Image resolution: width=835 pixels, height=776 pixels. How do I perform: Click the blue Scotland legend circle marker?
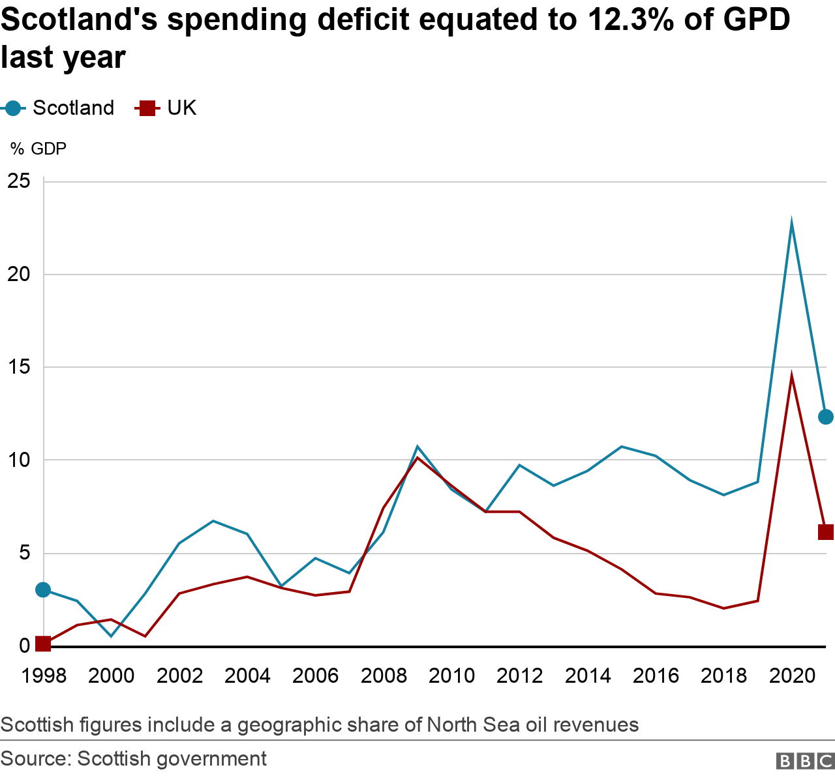(13, 108)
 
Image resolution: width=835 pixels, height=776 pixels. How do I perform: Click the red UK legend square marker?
(147, 108)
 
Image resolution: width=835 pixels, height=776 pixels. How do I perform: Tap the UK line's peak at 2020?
(791, 377)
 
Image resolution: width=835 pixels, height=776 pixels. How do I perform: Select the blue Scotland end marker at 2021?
(825, 417)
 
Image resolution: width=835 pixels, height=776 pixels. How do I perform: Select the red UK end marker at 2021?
(825, 532)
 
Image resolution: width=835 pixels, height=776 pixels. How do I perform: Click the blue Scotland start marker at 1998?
(43, 590)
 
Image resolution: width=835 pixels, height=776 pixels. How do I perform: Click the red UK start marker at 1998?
(43, 644)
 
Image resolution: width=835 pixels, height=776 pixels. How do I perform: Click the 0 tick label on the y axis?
(24, 646)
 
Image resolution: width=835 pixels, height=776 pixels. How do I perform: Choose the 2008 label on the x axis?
(384, 676)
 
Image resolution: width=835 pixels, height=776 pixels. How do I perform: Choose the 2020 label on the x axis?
(792, 676)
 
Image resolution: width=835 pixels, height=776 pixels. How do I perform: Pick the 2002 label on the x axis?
(179, 676)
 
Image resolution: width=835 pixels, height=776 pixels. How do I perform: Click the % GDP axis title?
(38, 149)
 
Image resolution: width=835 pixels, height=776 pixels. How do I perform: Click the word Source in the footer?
(35, 759)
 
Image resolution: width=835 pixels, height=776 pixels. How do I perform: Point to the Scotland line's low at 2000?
(111, 636)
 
